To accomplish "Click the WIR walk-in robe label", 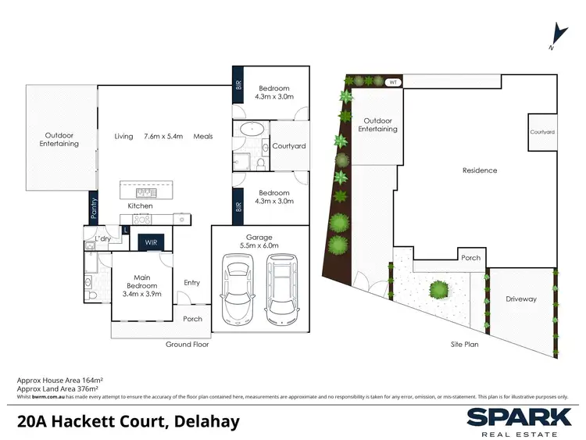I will click(151, 244).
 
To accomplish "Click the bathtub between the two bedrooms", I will click(251, 131).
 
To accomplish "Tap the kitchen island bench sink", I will click(145, 191).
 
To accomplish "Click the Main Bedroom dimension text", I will click(141, 294).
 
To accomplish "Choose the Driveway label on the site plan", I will click(520, 299).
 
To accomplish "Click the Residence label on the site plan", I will click(480, 170).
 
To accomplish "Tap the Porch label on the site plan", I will click(470, 258).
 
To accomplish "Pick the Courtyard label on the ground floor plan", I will click(288, 146).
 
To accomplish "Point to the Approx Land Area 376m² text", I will click(60, 388).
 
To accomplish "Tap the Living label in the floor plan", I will click(123, 136).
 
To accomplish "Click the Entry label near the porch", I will click(191, 283).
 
